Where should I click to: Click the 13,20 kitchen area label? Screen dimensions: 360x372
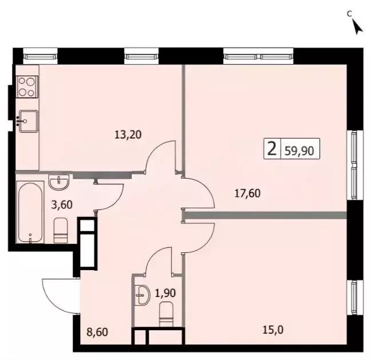[x=128, y=135]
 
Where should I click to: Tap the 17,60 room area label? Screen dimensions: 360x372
[x=247, y=193]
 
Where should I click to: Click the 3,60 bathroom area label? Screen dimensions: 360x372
[x=62, y=205]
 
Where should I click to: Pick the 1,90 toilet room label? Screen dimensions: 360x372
[x=165, y=294]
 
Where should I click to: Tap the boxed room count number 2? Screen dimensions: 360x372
[x=272, y=149]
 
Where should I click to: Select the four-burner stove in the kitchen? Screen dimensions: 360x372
[x=27, y=86]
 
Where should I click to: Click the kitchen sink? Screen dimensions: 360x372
[x=27, y=121]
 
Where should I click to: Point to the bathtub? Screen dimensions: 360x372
[x=30, y=212]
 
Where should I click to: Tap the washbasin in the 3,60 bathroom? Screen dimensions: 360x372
[x=58, y=182]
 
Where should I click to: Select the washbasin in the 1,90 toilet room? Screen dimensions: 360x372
[x=141, y=296]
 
